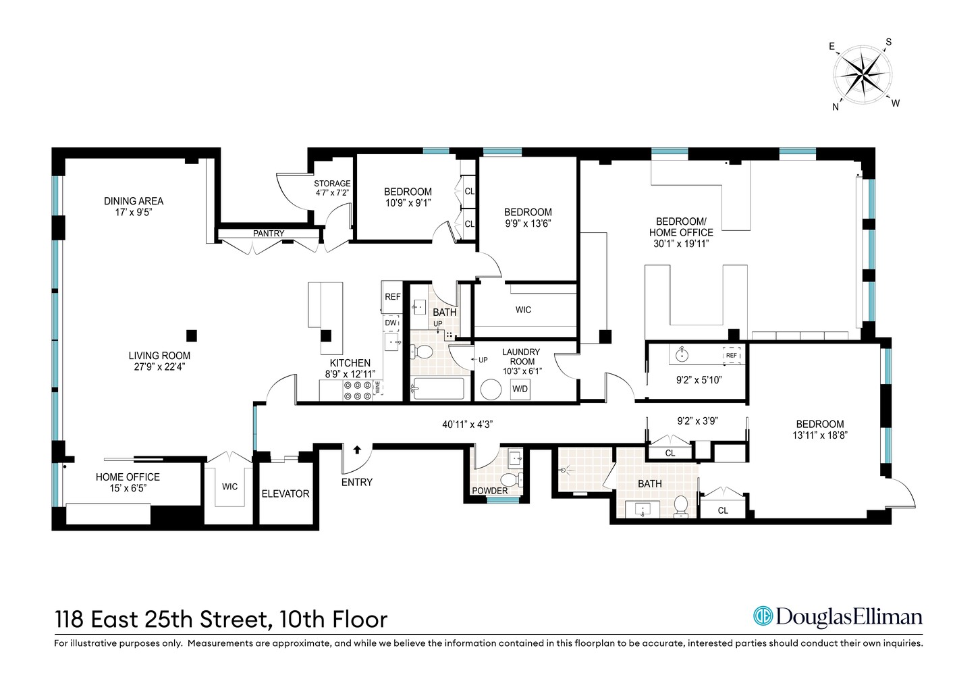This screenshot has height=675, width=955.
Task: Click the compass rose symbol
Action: [x=863, y=74]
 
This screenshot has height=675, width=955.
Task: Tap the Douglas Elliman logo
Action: [x=837, y=616]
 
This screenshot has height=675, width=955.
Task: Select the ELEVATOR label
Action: [x=285, y=494]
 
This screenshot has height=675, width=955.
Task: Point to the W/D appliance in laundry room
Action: [x=520, y=389]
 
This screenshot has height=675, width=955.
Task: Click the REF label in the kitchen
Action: [x=392, y=297]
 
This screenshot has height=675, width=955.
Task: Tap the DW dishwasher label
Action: [x=391, y=323]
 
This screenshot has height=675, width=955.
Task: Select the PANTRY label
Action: [x=269, y=234]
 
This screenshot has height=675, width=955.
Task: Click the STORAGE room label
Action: [x=332, y=184]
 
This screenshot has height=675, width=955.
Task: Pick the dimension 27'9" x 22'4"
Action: [x=159, y=367]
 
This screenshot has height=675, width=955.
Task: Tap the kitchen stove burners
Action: [x=358, y=389]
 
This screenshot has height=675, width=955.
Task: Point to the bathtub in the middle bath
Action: [x=438, y=389]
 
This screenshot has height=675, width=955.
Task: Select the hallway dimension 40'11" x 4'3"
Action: [x=468, y=425]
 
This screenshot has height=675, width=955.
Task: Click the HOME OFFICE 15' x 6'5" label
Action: [x=128, y=482]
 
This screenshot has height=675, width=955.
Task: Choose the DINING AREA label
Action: [x=134, y=201]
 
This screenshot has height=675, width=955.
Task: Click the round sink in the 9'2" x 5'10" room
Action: [x=680, y=354]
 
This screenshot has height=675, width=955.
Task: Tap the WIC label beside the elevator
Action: [x=229, y=487]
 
